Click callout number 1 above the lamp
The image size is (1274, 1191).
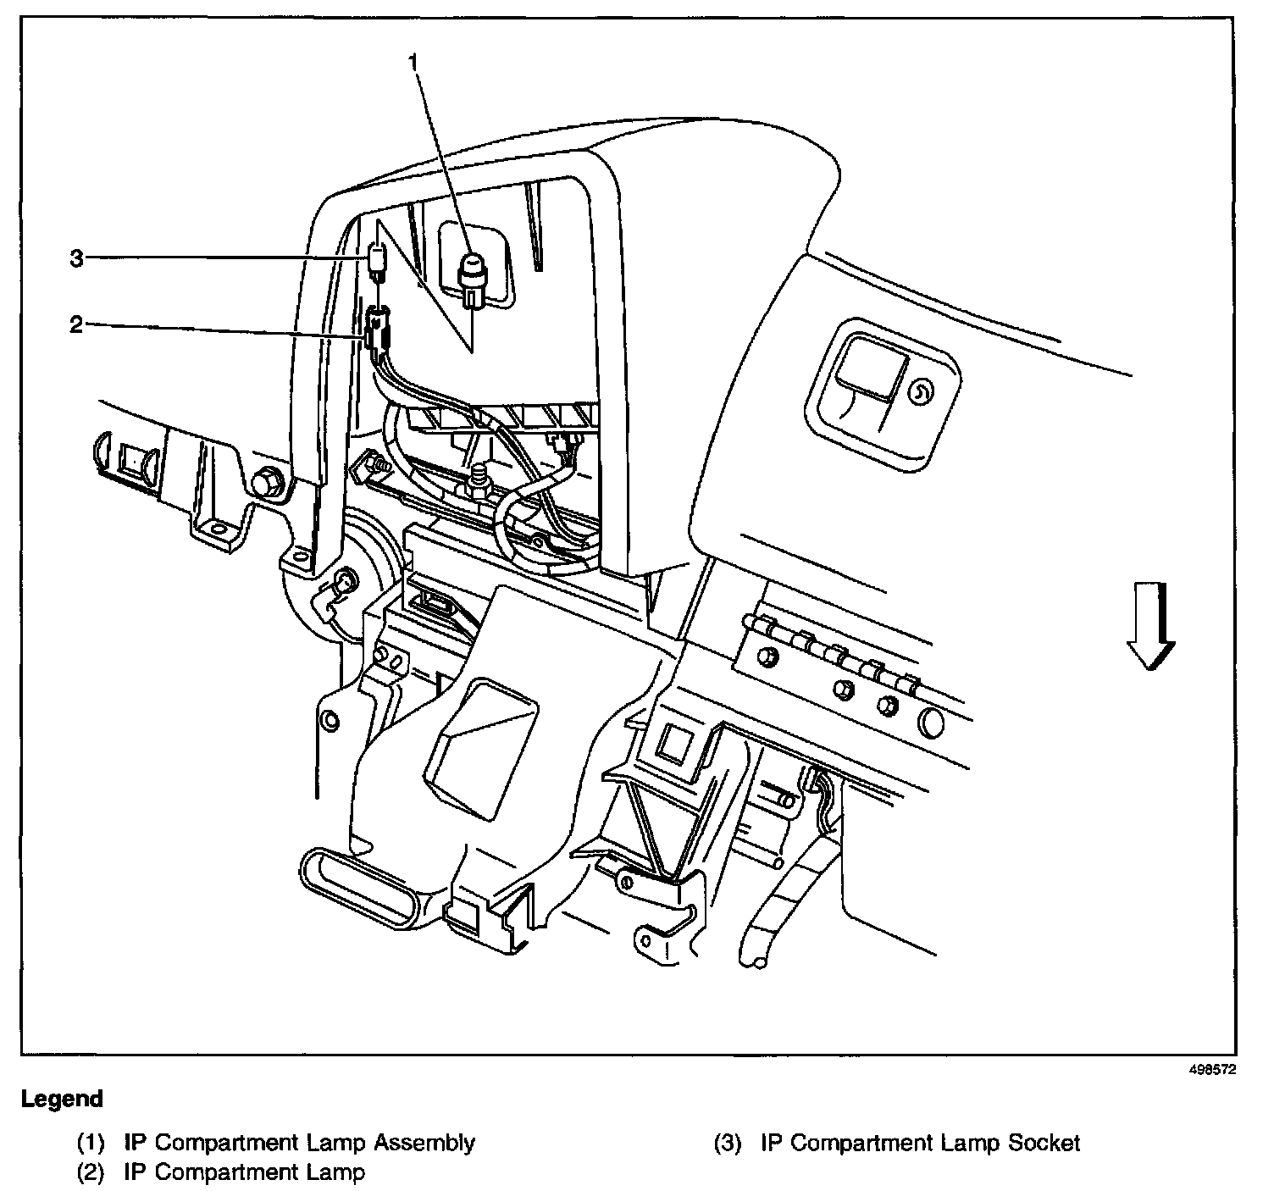[x=413, y=62]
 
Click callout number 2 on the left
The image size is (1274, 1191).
[x=76, y=324]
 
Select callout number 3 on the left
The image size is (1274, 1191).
[x=76, y=258]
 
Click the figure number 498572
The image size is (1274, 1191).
[x=1212, y=1070]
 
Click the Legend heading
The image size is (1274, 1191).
[x=62, y=1100]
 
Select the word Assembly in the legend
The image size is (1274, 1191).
[x=424, y=1143]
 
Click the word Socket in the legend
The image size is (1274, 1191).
[x=1044, y=1143]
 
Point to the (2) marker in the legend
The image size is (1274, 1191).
[x=91, y=1172]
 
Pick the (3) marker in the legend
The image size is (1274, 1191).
[x=727, y=1143]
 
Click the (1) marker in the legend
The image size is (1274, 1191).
[x=91, y=1143]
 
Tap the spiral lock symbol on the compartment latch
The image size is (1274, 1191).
[x=919, y=391]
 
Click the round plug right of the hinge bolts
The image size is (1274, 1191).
[x=931, y=721]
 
